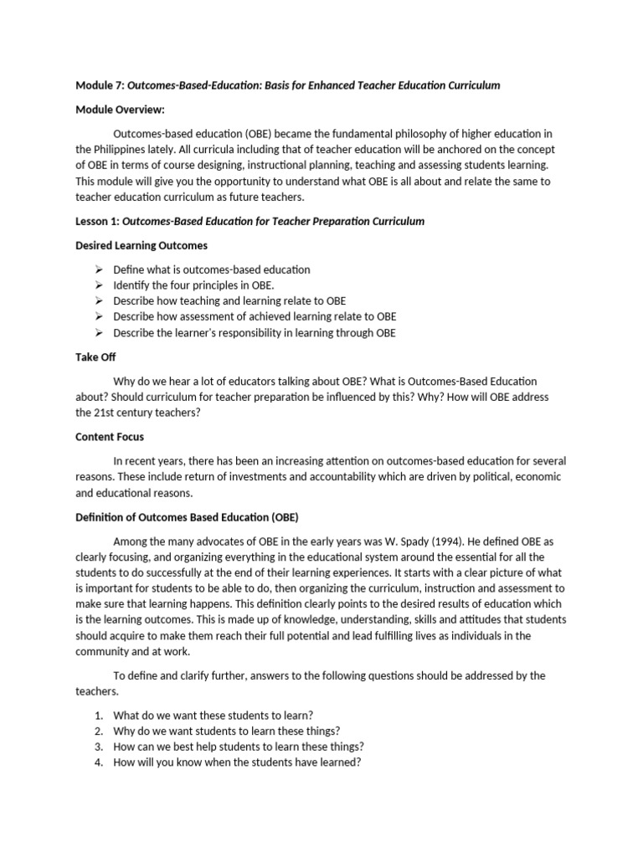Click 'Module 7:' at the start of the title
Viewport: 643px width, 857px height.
point(100,85)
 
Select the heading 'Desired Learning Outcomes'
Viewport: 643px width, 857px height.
point(141,245)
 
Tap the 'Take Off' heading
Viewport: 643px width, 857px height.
point(95,357)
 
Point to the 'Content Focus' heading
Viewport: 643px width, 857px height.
point(110,436)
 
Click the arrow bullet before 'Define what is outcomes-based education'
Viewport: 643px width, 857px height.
point(98,269)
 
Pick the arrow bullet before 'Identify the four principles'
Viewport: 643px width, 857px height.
point(98,285)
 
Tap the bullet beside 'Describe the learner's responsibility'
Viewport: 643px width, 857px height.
point(98,333)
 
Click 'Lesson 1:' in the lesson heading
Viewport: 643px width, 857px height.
point(97,222)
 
